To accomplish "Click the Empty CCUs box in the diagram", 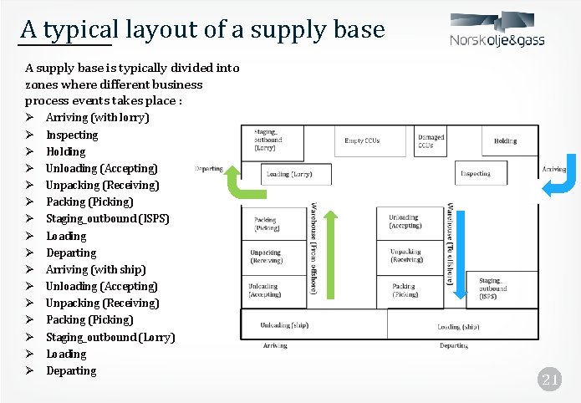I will (362, 140).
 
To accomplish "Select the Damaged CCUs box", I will (431, 140).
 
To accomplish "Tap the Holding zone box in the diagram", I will (505, 140).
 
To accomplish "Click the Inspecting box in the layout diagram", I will (475, 174).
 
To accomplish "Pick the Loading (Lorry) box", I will (289, 174).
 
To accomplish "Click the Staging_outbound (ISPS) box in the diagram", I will (497, 289).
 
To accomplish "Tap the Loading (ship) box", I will (459, 326).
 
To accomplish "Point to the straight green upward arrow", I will (333, 255).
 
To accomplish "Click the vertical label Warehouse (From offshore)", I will (313, 248).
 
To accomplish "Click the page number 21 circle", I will (549, 380).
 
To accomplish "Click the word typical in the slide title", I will (81, 30).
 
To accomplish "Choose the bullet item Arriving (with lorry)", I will (97, 118).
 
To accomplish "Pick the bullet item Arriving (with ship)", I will (95, 269).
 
